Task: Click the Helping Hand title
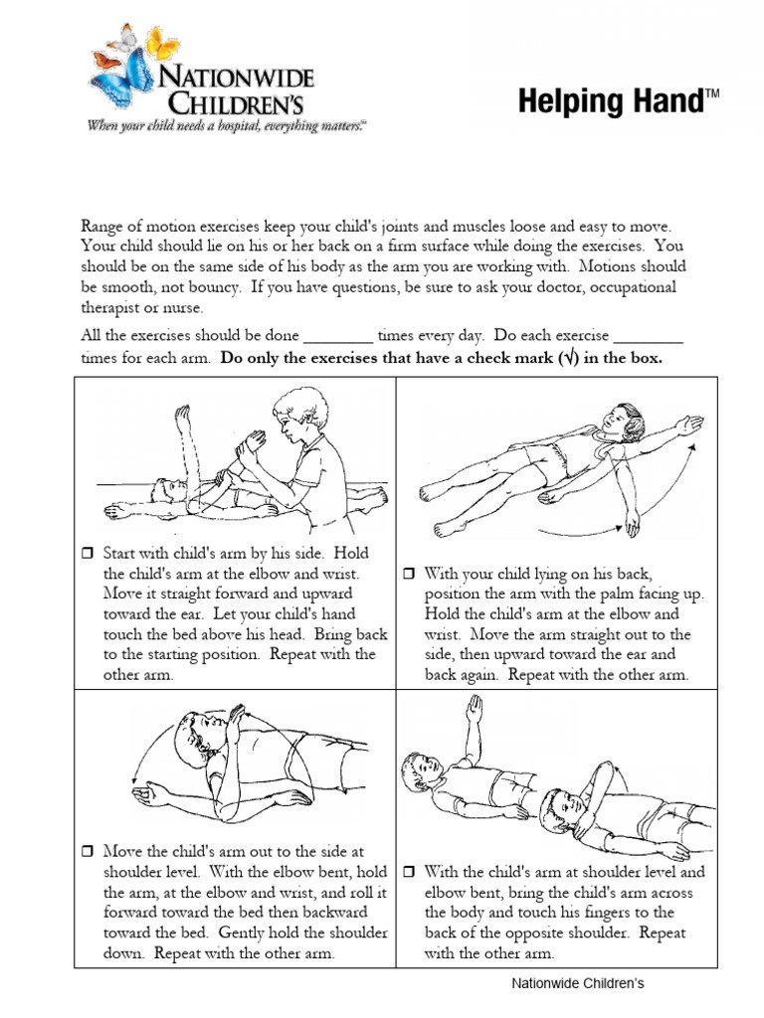(x=610, y=102)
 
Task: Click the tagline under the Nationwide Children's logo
(x=227, y=125)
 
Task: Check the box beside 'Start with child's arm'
(x=86, y=554)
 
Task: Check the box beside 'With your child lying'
(x=408, y=574)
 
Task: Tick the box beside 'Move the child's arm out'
(x=86, y=852)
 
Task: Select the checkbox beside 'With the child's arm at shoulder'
(x=408, y=872)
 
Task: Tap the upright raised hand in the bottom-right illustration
(x=476, y=707)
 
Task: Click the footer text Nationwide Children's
(x=578, y=984)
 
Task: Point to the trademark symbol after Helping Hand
(x=711, y=94)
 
